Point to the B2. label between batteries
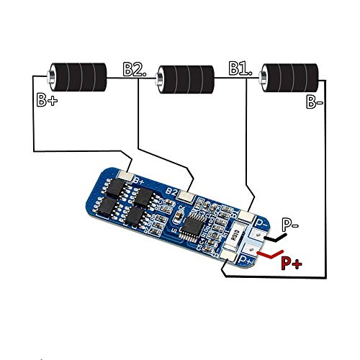pos(135,69)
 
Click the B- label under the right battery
pos(315,103)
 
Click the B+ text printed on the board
pos(140,180)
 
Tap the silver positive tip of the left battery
pos(52,74)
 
